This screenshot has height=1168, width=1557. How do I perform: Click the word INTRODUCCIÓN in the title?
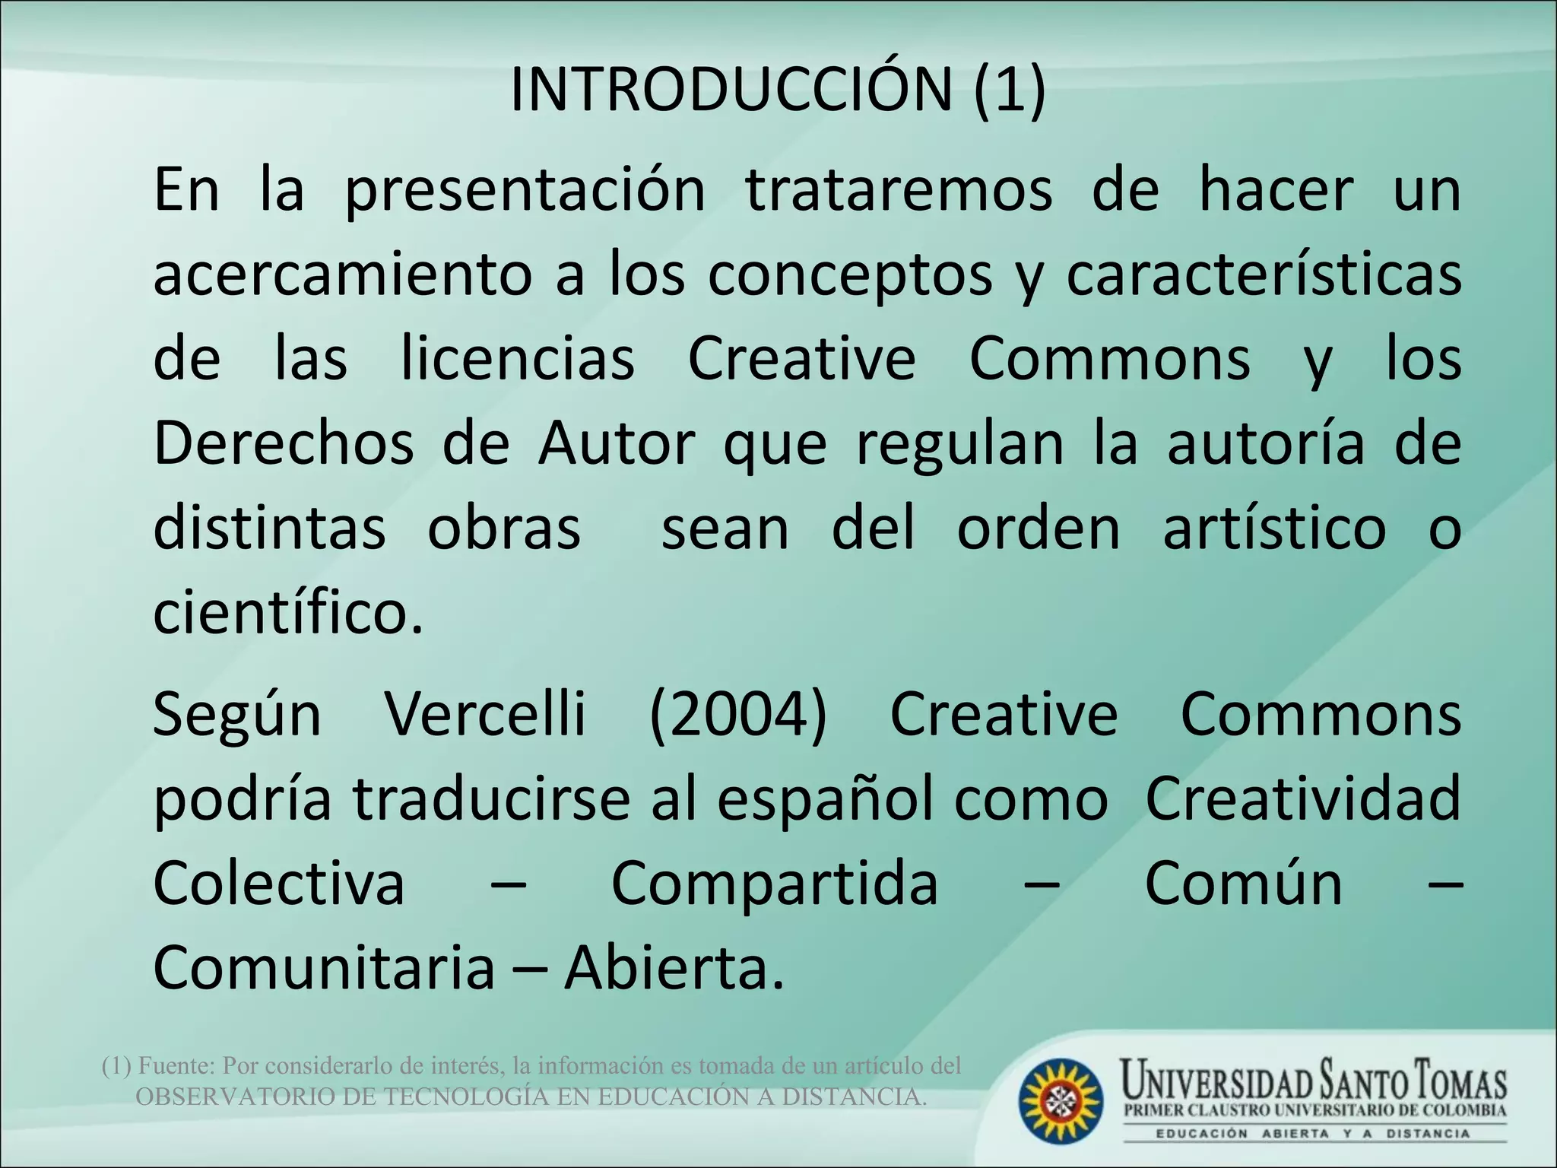(730, 90)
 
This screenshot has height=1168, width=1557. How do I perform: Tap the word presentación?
(525, 192)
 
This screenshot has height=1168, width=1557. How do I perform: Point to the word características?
(1264, 275)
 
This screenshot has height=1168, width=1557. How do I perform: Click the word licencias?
(518, 359)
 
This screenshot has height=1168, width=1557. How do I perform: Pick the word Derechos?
(284, 443)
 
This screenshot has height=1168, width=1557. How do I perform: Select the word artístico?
(1275, 528)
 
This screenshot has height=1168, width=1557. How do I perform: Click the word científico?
(287, 613)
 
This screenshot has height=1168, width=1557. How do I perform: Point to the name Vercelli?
(486, 715)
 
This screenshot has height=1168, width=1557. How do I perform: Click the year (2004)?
(737, 715)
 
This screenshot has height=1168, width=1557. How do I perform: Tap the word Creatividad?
(1303, 798)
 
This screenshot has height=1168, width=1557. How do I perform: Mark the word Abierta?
(674, 967)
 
